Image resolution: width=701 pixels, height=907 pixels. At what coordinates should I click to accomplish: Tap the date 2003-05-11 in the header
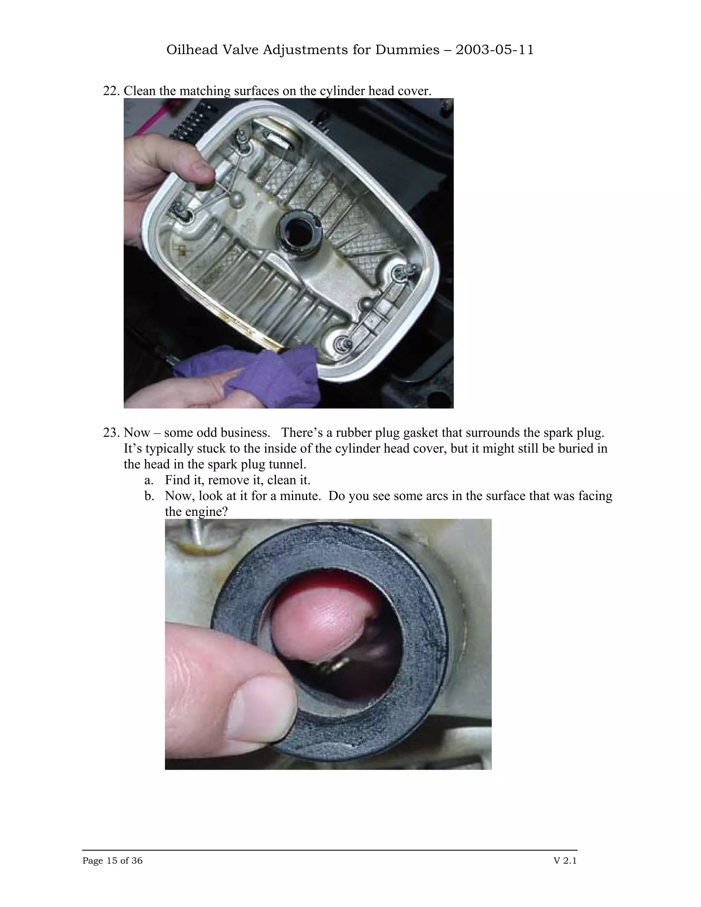494,50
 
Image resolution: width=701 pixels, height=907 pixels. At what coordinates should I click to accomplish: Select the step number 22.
111,91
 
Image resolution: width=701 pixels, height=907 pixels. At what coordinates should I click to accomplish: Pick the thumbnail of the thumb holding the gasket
262,710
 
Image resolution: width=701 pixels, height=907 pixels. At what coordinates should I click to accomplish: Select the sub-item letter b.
149,496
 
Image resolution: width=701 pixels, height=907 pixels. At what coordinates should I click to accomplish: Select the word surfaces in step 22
256,91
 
